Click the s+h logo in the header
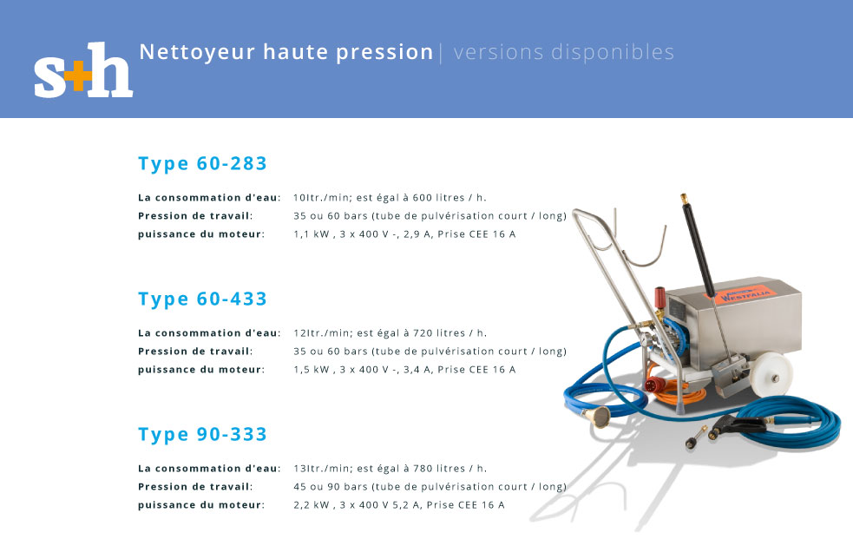(x=83, y=70)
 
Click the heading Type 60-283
(x=202, y=164)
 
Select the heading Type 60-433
(x=202, y=299)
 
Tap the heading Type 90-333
(x=202, y=435)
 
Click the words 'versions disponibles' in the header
(x=563, y=52)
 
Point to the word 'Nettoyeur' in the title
(x=198, y=53)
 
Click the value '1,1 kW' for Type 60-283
(x=312, y=234)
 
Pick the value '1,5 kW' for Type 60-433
(x=312, y=370)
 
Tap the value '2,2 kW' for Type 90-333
(x=312, y=506)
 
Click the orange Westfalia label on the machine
(x=740, y=295)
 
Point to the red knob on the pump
(x=660, y=297)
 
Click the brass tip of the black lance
(x=684, y=198)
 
